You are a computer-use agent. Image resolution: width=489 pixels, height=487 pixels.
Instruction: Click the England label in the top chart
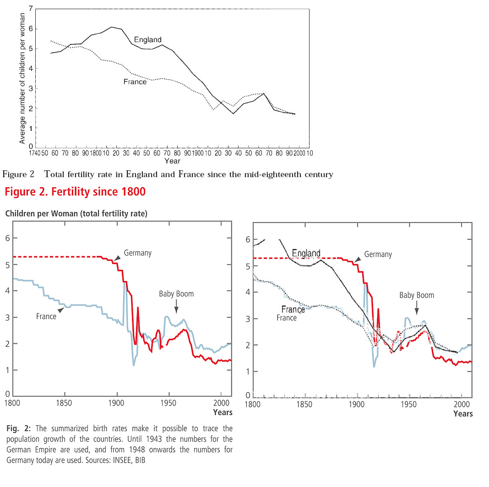(147, 40)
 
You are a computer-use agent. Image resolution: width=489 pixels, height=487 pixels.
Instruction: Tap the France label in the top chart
(135, 81)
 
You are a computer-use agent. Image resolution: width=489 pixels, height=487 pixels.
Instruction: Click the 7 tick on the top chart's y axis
(30, 9)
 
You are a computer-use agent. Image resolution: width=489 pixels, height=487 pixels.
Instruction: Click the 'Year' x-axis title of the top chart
(173, 161)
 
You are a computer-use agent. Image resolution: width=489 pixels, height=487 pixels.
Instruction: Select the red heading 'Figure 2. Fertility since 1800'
(75, 192)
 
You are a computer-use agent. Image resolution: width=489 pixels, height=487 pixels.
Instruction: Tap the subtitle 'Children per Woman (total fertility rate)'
(76, 213)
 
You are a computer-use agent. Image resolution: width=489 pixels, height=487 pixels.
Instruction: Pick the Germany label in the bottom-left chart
(137, 253)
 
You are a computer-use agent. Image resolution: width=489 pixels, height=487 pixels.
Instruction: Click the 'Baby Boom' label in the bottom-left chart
(176, 294)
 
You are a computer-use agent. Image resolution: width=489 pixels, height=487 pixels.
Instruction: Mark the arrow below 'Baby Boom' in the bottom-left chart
(176, 306)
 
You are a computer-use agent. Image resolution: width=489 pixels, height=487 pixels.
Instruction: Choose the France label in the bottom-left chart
(46, 316)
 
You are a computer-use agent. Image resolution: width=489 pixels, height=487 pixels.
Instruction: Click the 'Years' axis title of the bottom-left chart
(223, 412)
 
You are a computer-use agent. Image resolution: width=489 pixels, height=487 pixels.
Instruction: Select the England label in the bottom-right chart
(306, 253)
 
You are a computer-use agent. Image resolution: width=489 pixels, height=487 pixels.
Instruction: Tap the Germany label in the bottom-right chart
(378, 254)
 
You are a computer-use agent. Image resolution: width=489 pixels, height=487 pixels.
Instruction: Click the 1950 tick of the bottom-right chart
(407, 404)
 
